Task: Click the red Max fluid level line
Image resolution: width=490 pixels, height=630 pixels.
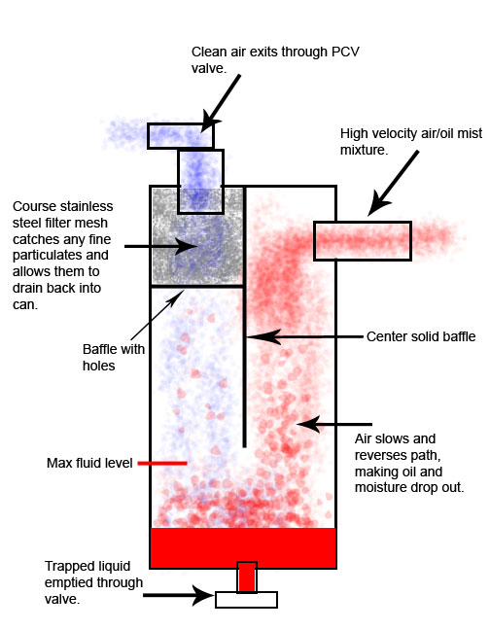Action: [x=162, y=463]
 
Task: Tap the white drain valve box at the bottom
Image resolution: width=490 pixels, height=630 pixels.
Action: [x=246, y=600]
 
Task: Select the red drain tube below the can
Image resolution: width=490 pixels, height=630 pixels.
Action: [x=247, y=577]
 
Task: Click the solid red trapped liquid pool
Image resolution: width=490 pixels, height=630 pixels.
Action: [x=243, y=548]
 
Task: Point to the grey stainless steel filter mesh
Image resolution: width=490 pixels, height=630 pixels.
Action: [x=196, y=236]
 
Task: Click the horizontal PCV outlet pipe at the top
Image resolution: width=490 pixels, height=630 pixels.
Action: [x=181, y=136]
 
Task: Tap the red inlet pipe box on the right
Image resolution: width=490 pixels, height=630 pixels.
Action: [x=363, y=241]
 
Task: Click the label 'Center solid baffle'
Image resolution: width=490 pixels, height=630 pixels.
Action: [x=421, y=336]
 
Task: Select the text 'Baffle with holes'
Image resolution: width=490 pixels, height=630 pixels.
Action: [x=114, y=357]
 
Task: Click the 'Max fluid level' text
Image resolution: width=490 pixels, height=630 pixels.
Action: [x=89, y=463]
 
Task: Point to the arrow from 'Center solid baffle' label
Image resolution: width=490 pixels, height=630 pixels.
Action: [x=304, y=336]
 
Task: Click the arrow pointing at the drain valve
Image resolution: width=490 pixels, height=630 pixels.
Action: [x=178, y=595]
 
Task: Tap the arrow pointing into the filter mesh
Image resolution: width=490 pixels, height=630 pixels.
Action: [x=160, y=246]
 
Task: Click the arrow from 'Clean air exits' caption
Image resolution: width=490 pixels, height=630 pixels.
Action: [x=220, y=104]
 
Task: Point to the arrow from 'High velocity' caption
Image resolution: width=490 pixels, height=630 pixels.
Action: [x=393, y=183]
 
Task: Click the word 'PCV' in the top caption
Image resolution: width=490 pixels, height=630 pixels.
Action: [x=346, y=52]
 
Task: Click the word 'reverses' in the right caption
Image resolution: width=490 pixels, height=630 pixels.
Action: [x=381, y=455]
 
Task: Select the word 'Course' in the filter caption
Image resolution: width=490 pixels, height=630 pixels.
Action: [x=34, y=206]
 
